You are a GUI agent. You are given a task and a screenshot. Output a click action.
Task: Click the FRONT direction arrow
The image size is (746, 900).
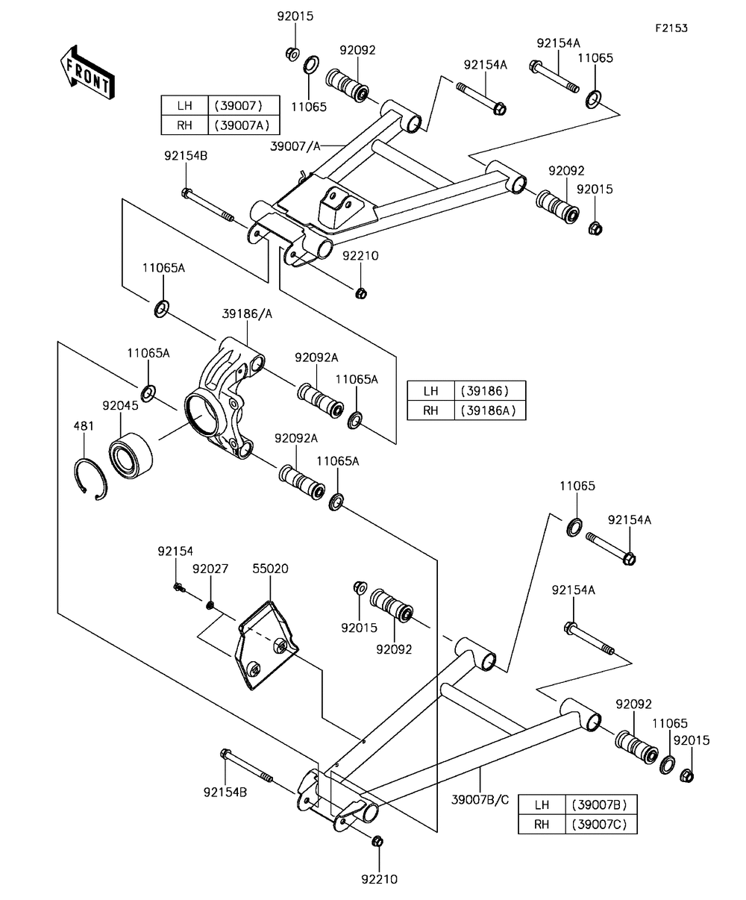(x=87, y=72)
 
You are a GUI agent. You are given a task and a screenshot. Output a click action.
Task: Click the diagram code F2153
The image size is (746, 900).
(x=671, y=28)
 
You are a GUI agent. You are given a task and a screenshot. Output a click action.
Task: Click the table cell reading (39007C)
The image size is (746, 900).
(x=603, y=824)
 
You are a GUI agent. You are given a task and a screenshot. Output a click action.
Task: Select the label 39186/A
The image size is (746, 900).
(x=247, y=314)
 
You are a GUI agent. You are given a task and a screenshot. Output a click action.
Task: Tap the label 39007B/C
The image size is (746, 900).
(x=480, y=800)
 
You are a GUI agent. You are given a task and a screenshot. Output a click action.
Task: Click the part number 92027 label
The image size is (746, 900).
(x=210, y=569)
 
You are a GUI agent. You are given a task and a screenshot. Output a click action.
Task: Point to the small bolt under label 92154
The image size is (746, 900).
(x=178, y=588)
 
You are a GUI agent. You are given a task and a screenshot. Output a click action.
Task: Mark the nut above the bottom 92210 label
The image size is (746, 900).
(x=377, y=841)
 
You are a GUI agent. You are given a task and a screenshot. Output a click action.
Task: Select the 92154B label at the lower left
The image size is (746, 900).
(x=225, y=793)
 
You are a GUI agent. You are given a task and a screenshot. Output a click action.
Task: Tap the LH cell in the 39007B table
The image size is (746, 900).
(x=542, y=804)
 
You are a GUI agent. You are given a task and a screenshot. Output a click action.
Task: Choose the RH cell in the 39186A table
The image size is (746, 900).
(x=430, y=410)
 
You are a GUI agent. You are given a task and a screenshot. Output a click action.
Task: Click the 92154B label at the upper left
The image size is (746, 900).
(x=186, y=155)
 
